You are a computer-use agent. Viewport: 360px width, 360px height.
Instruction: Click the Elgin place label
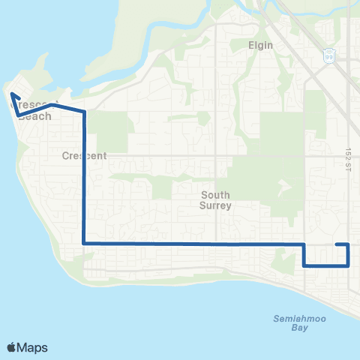pos(260,45)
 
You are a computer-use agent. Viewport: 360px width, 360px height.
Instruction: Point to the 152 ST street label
pos(349,153)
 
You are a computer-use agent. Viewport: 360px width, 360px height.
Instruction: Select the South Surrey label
pos(217,199)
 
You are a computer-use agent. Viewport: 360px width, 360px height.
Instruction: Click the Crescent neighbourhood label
pos(84,156)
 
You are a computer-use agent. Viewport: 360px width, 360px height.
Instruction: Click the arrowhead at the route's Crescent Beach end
pos(12,95)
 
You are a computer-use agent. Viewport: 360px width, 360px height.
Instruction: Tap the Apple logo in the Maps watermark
pos(12,347)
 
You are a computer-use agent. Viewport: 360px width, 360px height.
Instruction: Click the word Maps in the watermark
pos(33,347)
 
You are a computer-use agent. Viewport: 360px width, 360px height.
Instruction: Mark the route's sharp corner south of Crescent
pos(83,244)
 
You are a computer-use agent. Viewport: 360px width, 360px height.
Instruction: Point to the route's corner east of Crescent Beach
pos(83,113)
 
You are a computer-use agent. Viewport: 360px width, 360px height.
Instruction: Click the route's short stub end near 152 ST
pos(336,245)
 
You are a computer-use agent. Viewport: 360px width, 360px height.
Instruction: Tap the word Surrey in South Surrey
pos(217,205)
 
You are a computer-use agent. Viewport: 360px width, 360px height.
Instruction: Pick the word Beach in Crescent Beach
pos(34,116)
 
